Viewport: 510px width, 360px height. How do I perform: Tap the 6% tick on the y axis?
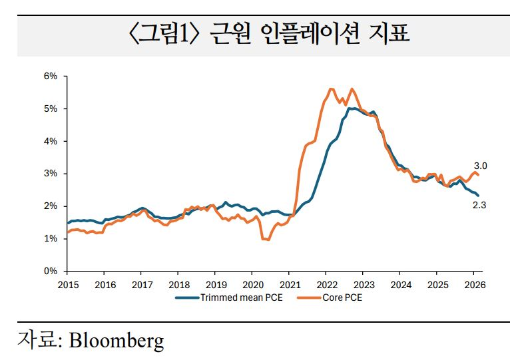(51, 77)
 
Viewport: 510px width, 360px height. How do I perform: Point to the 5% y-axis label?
(51, 108)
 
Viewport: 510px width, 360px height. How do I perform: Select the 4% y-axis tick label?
(51, 141)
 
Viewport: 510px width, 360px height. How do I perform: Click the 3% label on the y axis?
(51, 174)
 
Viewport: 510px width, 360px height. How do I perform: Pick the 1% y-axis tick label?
(51, 239)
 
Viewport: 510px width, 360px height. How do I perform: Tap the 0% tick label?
(51, 271)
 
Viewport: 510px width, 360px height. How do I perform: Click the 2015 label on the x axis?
(67, 283)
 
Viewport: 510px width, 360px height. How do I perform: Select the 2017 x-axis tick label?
(141, 283)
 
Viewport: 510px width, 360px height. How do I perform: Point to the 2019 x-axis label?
(215, 283)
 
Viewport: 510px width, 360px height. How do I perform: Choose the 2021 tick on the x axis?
(289, 283)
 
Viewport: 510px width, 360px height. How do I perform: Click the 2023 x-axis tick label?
(362, 283)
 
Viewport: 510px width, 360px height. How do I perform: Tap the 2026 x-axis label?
(473, 283)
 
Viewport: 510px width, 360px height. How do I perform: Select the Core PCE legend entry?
(342, 297)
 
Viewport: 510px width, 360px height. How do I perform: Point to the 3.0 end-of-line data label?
(480, 166)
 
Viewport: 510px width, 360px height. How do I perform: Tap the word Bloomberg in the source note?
(117, 341)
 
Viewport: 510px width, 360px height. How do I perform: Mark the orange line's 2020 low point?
(268, 240)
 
